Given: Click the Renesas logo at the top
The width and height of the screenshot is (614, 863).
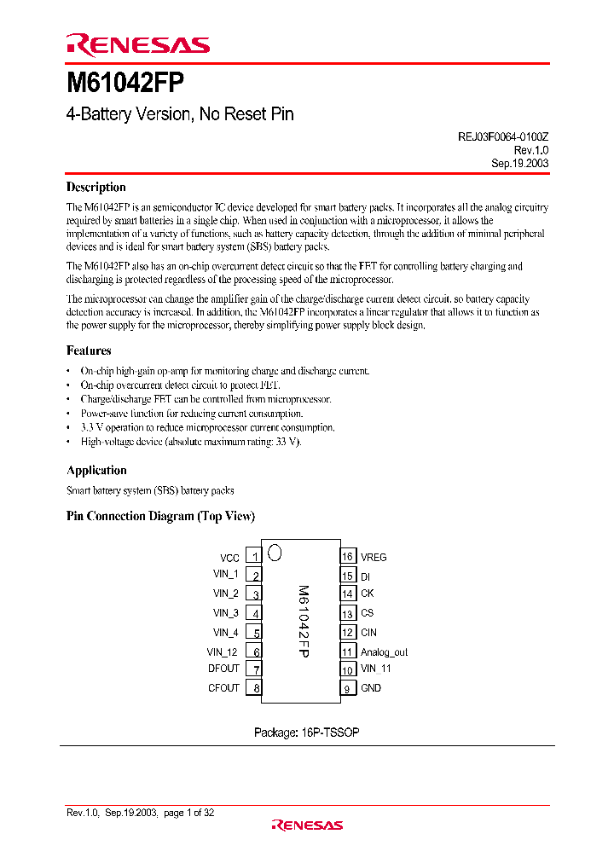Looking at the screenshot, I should (x=137, y=45).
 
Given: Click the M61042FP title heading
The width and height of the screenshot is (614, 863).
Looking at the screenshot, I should (x=125, y=84).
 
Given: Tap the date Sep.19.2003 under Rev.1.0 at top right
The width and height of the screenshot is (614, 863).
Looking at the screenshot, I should (x=519, y=163).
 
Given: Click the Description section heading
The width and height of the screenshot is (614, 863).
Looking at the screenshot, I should (x=96, y=188).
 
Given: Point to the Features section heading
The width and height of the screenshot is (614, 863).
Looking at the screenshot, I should (x=89, y=350).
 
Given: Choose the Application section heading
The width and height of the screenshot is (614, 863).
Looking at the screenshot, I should (x=96, y=471).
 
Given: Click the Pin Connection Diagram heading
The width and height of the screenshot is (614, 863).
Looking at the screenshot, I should (x=160, y=517).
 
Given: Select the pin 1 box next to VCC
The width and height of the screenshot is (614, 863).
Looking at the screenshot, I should (x=254, y=557).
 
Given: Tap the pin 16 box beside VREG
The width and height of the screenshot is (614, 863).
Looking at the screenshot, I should (x=347, y=557).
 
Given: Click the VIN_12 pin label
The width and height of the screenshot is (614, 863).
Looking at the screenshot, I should (x=223, y=652).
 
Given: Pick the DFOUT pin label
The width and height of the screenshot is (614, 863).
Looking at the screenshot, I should (x=223, y=669).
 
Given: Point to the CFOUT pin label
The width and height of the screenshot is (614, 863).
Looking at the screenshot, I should (x=223, y=688).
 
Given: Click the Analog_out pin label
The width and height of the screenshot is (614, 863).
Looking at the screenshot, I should (x=384, y=652).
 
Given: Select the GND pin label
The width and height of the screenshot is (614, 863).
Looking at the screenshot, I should (x=371, y=688).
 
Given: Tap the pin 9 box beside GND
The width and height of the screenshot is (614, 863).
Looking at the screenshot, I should (x=347, y=688).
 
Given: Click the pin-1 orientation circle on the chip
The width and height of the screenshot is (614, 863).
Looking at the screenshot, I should (x=275, y=553).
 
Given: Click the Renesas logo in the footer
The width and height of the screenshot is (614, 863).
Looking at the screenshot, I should (x=307, y=825).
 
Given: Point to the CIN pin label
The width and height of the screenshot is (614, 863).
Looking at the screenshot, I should (x=368, y=633).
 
